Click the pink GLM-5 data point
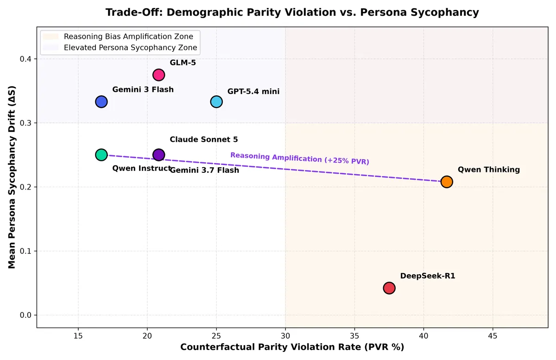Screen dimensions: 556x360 click(x=158, y=75)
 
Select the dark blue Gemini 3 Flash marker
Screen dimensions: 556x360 click(x=101, y=102)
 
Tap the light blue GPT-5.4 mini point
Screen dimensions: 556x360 click(x=216, y=102)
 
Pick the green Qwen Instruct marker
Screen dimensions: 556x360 click(x=101, y=155)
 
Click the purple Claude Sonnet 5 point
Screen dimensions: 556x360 click(x=158, y=155)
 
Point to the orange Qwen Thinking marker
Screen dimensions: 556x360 click(x=447, y=182)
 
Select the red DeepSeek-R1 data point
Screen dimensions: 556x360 click(x=389, y=288)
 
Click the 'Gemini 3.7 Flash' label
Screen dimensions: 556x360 click(x=204, y=171)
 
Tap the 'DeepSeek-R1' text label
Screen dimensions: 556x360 click(x=428, y=276)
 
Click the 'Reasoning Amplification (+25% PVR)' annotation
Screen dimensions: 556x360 click(x=300, y=158)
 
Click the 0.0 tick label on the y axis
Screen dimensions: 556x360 click(x=26, y=315)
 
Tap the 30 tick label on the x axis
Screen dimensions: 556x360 click(x=285, y=336)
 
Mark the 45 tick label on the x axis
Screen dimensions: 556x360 click(x=493, y=336)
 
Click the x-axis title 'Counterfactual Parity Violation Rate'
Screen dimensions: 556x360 click(x=271, y=347)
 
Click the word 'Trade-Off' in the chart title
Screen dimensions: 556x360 click(x=134, y=13)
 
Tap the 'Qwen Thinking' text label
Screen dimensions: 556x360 click(x=489, y=170)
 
